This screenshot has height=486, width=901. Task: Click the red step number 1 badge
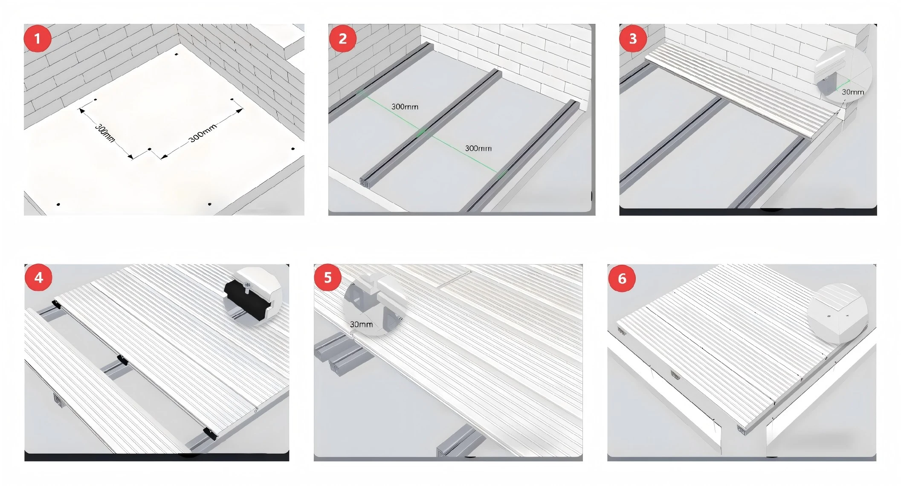[38, 39]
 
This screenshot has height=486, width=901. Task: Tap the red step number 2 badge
[342, 39]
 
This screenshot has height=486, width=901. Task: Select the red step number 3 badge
[633, 39]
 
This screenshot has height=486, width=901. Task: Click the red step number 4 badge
[38, 278]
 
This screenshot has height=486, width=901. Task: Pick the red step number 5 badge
[327, 278]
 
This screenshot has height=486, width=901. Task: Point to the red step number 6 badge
[622, 279]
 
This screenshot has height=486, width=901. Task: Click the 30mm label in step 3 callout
[852, 92]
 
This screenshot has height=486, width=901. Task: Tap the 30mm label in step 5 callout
[361, 324]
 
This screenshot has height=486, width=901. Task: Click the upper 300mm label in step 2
[405, 107]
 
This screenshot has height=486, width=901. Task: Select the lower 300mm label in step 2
[478, 148]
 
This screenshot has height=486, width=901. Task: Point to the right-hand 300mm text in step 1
[203, 133]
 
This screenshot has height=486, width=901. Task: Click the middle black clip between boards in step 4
[123, 359]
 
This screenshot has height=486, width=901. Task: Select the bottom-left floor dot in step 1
[58, 204]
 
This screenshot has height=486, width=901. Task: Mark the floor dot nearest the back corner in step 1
[177, 55]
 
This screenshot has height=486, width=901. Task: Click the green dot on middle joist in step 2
[421, 132]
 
